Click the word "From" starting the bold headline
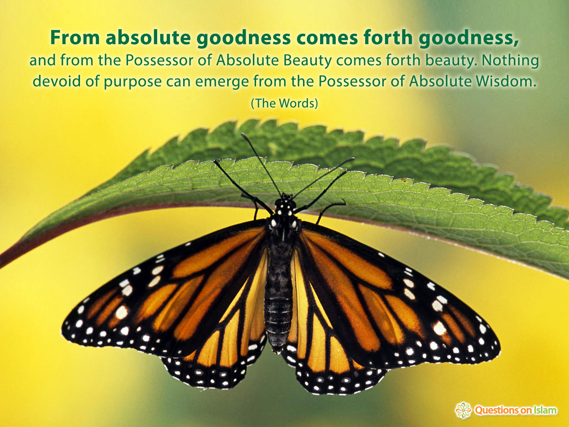(x=75, y=38)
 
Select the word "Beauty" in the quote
(x=308, y=60)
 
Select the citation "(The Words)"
(x=284, y=104)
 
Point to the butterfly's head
(x=284, y=205)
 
